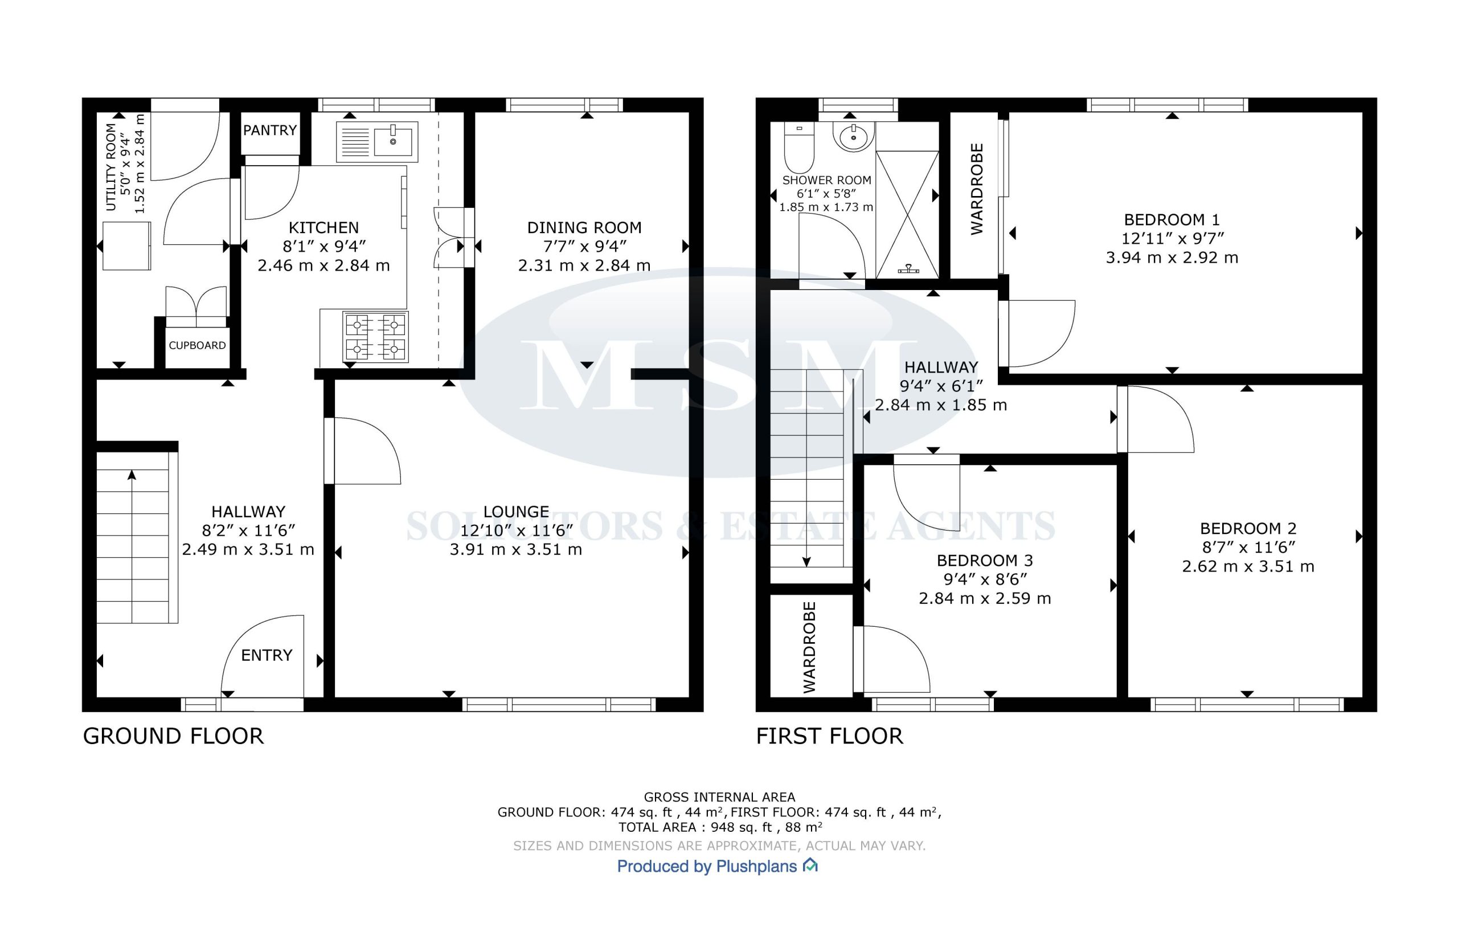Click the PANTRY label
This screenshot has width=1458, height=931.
click(x=270, y=130)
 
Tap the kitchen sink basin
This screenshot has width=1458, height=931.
click(x=394, y=142)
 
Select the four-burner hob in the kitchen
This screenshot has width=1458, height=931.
click(x=375, y=337)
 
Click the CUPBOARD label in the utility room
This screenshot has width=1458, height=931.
click(x=198, y=345)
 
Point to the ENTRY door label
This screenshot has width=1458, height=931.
click(x=267, y=655)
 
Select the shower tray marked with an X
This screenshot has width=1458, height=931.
click(x=907, y=214)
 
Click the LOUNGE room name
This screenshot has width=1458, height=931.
click(x=516, y=512)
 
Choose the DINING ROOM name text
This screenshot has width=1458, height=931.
click(x=584, y=228)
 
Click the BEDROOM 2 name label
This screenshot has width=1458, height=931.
click(x=1248, y=529)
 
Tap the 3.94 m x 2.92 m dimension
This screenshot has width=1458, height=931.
click(x=1172, y=258)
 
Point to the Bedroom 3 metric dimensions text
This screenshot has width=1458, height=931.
click(x=985, y=599)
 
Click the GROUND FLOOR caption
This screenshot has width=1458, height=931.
click(x=173, y=737)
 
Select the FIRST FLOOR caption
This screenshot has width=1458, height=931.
click(x=829, y=737)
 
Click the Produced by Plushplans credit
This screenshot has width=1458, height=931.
click(x=718, y=867)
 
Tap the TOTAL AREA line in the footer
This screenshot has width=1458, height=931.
click(x=720, y=827)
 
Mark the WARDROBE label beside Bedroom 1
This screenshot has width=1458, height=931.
click(x=977, y=189)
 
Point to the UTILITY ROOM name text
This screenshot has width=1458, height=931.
click(x=111, y=167)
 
